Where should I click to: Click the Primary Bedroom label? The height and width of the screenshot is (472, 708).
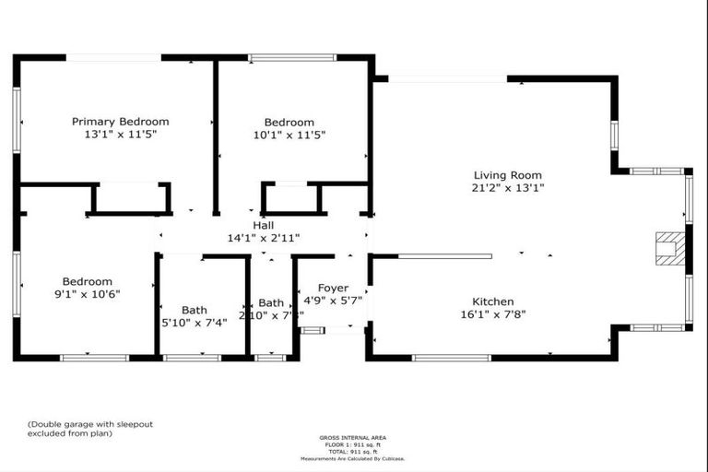[x=121, y=121]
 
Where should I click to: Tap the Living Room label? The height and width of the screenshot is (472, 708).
[x=507, y=174]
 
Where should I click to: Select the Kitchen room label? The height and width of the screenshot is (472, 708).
[x=493, y=301]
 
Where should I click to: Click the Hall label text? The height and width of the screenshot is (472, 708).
[x=263, y=225]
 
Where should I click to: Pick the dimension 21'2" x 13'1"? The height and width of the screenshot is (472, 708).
[x=507, y=188]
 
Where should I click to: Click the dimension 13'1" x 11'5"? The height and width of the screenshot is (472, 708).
[x=121, y=135]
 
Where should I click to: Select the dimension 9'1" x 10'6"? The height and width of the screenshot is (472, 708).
[x=88, y=294]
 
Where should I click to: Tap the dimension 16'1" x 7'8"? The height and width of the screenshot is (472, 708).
[x=493, y=314]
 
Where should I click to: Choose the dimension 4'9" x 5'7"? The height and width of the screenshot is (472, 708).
[x=333, y=301]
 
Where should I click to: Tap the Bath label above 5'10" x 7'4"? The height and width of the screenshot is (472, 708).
[x=195, y=310]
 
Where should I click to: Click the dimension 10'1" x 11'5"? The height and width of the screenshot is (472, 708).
[x=289, y=135]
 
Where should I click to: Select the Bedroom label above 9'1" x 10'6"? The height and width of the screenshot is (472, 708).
[x=88, y=281]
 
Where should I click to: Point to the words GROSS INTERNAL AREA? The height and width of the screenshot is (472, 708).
[x=353, y=437]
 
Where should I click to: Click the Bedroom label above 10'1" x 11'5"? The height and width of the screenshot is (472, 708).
[x=289, y=122]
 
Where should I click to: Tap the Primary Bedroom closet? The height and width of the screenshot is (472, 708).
[x=130, y=198]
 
